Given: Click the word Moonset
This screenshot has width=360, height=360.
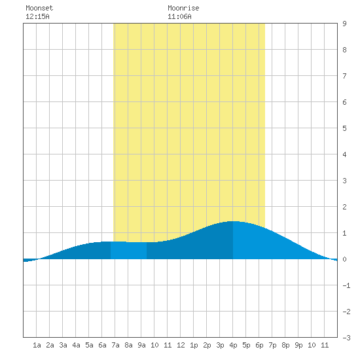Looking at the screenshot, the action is (39, 8).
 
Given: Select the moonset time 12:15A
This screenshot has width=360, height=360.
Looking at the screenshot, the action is (37, 16).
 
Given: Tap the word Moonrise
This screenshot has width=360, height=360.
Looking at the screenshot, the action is (183, 8).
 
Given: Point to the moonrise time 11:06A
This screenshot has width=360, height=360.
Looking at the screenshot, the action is (179, 16).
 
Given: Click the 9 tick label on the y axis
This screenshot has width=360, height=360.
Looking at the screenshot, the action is (344, 24).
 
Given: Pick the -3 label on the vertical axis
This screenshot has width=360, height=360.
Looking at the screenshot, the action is (346, 338).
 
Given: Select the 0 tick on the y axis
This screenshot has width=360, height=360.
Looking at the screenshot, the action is (344, 259).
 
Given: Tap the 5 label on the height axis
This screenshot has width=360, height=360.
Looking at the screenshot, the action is (344, 128).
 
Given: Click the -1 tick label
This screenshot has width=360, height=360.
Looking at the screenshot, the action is (346, 285).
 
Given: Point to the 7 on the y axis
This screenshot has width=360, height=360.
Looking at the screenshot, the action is (344, 76).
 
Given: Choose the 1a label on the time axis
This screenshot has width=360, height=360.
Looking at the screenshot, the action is (37, 345).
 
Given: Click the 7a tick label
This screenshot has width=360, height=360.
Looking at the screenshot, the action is (115, 345).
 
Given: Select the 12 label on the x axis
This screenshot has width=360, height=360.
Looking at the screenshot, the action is (181, 345).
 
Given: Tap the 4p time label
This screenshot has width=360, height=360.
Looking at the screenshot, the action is (233, 345).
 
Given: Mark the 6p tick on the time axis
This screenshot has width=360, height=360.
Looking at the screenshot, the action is (259, 345).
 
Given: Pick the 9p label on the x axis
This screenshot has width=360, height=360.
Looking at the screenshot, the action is (298, 345).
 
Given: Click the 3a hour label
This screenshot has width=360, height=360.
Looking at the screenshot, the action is (63, 345).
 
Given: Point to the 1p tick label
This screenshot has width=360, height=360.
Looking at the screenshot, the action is (194, 345).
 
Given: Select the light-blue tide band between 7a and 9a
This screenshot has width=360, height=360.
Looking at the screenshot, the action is (128, 250).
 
